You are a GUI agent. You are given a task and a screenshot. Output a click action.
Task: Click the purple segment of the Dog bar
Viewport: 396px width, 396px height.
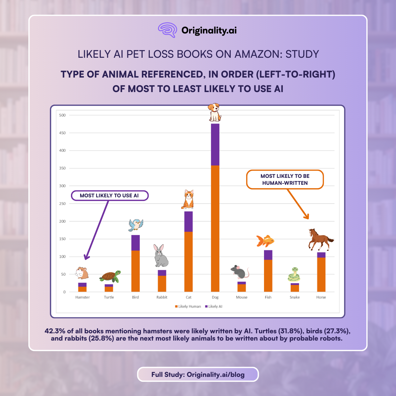coord(215,145)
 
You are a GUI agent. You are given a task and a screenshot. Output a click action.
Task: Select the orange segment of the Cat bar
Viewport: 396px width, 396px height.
coord(188,262)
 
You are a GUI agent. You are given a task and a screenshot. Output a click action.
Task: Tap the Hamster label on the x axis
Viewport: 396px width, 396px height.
coord(82,297)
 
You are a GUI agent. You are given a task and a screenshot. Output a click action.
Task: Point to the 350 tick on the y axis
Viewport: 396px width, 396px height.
coord(62,168)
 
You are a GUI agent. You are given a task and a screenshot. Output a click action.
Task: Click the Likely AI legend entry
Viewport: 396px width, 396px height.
coord(214,307)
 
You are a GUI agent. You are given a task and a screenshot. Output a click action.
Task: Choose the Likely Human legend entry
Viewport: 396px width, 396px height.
coord(188,307)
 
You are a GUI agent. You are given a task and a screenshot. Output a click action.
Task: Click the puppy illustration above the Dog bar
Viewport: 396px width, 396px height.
coord(214,112)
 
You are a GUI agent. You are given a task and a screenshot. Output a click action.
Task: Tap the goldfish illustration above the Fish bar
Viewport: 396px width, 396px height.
coord(265,241)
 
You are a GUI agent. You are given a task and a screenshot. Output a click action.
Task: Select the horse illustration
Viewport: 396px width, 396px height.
coord(320,240)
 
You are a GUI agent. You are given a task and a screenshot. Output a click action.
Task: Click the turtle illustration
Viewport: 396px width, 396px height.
coord(110,277)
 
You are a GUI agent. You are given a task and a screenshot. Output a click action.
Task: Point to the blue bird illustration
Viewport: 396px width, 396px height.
coord(136,225)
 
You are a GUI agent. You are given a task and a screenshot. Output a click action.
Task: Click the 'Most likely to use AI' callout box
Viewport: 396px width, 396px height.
coord(110,196)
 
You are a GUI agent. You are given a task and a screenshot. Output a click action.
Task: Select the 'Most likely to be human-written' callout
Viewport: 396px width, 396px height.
coord(285,180)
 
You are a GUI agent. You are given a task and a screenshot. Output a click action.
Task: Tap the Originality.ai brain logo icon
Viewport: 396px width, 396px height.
coord(167,30)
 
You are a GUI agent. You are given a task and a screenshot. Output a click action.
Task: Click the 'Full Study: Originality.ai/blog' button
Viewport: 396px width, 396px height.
coord(198,375)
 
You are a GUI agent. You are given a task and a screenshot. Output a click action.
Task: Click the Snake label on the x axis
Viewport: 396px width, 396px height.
coord(295,297)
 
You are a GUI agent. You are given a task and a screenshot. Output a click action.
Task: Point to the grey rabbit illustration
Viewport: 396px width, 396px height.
coord(161,256)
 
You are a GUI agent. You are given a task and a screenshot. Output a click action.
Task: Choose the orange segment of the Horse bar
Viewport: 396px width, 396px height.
coord(321,275)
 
